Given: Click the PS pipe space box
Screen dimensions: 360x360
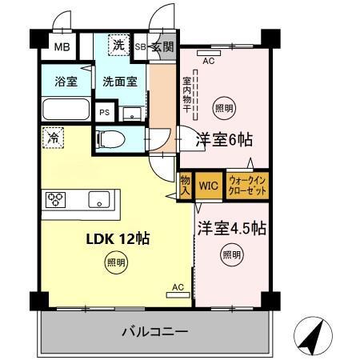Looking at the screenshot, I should [105, 113].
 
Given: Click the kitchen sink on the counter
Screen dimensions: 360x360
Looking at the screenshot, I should [99, 200].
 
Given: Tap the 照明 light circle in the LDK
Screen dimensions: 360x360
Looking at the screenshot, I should [116, 262].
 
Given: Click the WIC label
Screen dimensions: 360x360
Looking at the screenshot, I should [209, 186].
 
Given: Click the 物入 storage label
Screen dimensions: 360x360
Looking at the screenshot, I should [185, 186].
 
